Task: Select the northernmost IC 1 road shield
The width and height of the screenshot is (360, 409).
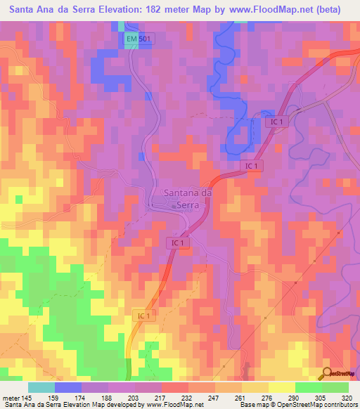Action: [276, 122]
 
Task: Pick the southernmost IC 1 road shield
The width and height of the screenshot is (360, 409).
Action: [141, 316]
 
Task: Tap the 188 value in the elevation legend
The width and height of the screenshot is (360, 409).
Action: [105, 397]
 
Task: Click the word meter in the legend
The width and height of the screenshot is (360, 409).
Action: [13, 397]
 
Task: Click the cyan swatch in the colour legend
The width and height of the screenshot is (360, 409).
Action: [41, 387]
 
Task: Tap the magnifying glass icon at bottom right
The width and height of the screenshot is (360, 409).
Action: [326, 373]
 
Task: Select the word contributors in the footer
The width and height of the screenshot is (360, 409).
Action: [337, 405]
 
